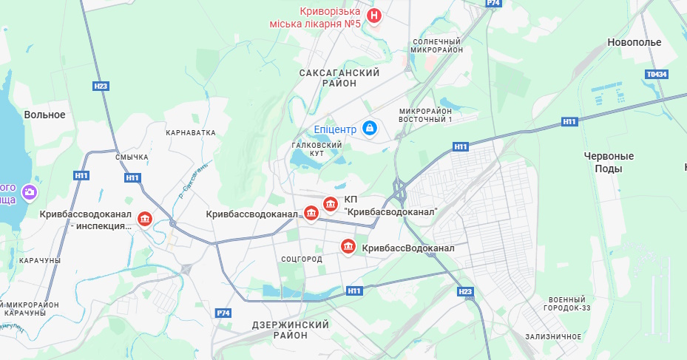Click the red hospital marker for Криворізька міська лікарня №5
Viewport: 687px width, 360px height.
click(x=375, y=15)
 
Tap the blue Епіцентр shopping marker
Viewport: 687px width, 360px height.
click(x=370, y=129)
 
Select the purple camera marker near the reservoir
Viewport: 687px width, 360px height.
click(x=30, y=193)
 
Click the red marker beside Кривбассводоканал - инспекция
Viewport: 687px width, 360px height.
click(x=145, y=219)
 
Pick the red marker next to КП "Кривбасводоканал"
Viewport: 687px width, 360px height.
click(x=331, y=203)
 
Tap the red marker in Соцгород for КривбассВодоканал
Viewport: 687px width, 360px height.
click(x=347, y=246)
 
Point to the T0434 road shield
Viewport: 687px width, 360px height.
click(x=657, y=75)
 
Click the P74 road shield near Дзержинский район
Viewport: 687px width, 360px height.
click(x=223, y=313)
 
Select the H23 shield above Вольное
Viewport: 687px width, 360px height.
click(x=101, y=86)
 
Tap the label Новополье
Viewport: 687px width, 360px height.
click(x=634, y=42)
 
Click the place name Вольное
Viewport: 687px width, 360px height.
click(x=44, y=115)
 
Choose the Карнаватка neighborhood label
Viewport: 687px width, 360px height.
click(x=191, y=133)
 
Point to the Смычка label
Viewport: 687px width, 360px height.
click(x=132, y=157)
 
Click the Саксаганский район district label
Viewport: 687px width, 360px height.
click(x=339, y=78)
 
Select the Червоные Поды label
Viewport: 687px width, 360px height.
click(x=609, y=162)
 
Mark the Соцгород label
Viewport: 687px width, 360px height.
click(x=302, y=259)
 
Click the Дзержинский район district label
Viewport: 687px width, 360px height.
click(x=290, y=330)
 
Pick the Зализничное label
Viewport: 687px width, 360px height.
click(x=553, y=336)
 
